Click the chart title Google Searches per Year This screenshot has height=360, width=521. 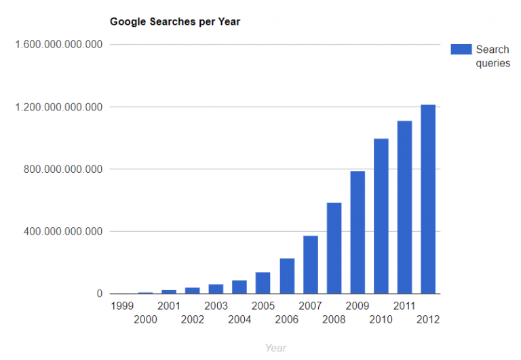click(175, 22)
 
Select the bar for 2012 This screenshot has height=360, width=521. click(428, 199)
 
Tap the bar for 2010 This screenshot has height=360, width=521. click(381, 216)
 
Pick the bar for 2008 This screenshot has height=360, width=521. click(334, 248)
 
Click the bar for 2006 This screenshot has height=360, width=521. click(287, 276)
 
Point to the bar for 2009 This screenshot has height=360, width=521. click(358, 233)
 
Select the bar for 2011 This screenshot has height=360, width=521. click(405, 207)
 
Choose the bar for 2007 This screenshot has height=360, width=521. click(311, 264)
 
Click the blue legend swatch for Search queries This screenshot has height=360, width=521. click(461, 49)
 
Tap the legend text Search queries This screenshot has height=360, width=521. click(493, 56)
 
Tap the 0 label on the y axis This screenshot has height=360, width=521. click(99, 294)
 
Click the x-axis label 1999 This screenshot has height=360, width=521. click(121, 306)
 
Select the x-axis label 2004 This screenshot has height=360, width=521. click(239, 319)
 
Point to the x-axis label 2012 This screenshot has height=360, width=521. click(428, 319)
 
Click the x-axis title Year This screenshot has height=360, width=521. click(275, 348)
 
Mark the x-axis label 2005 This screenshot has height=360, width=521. click(263, 306)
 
